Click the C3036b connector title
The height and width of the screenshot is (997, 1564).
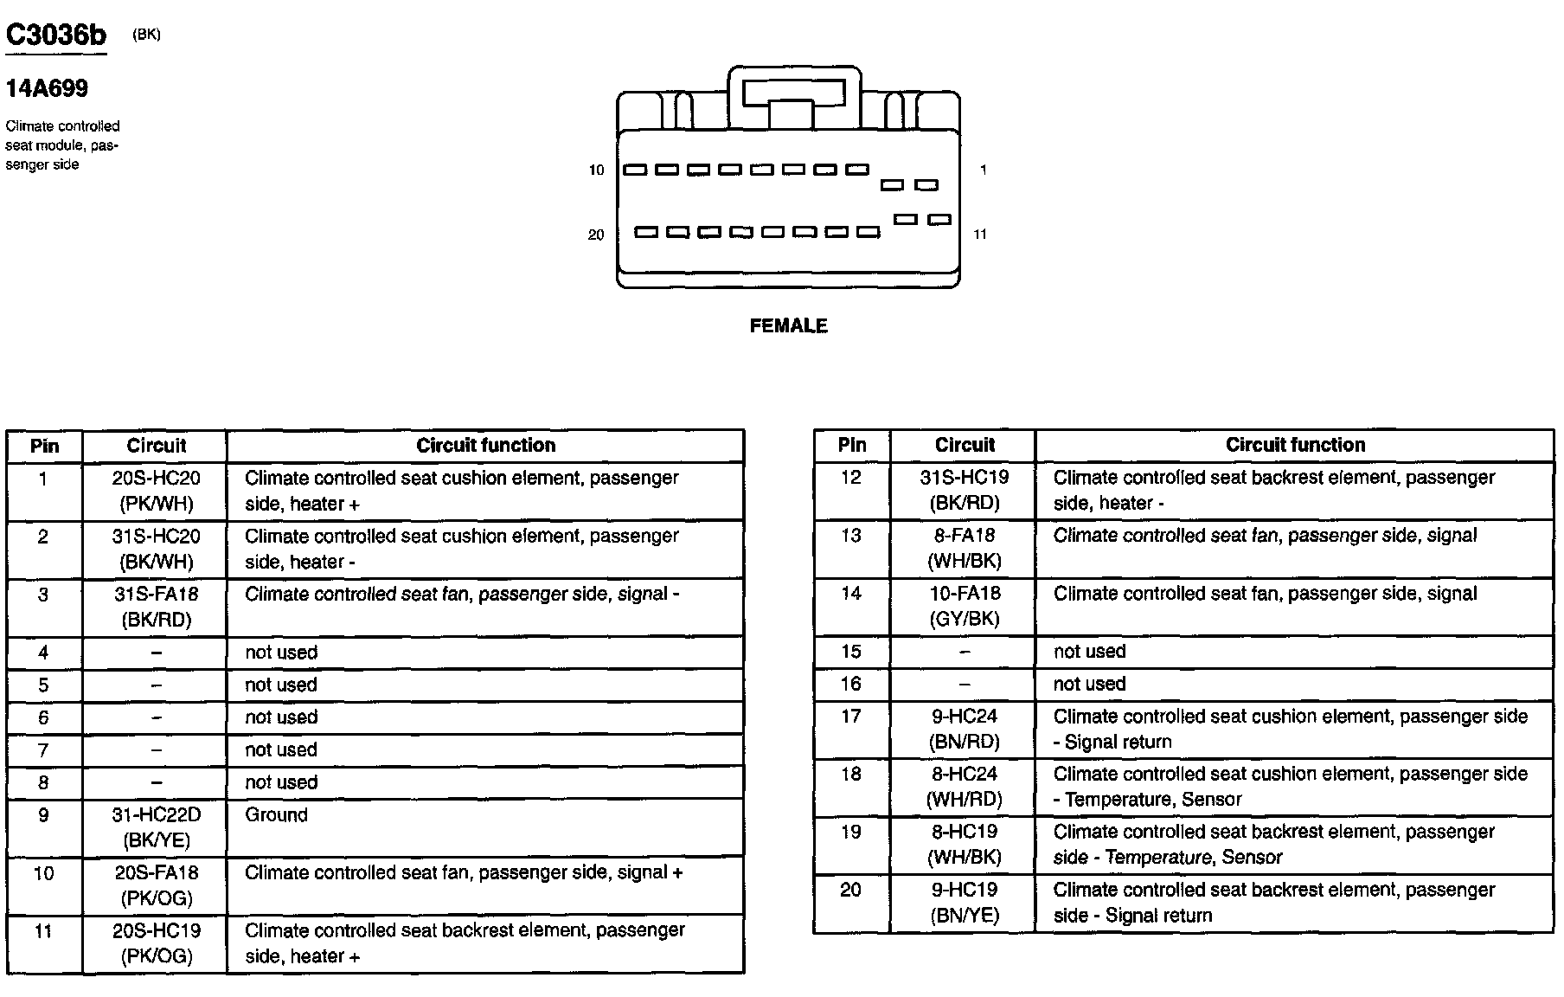coord(56,35)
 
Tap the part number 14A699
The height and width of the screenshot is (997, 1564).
coord(47,88)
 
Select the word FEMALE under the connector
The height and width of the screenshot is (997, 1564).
coord(788,326)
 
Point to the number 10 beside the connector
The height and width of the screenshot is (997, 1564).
coord(596,170)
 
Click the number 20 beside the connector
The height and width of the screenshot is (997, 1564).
coord(596,235)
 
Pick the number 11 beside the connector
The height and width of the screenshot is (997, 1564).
coord(980,235)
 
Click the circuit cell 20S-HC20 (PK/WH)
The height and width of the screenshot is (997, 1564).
coord(156,491)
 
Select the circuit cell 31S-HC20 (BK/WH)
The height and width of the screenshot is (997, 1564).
coord(156,549)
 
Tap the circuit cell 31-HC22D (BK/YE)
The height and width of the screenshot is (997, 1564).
coord(156,827)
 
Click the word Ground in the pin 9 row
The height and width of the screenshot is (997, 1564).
coord(276,815)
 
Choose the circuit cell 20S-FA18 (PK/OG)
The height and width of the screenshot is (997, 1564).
coord(156,885)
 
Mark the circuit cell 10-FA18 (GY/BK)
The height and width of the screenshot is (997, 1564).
coord(965,606)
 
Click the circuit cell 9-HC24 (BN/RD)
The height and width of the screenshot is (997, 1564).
coord(965,729)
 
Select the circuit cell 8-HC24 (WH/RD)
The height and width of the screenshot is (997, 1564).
coord(965,787)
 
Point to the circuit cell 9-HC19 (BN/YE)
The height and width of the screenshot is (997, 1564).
coord(965,903)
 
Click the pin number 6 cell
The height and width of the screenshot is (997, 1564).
coord(43,718)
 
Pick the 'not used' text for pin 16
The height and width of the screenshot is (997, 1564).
coord(1089,685)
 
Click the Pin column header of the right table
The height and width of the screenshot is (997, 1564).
coord(852,445)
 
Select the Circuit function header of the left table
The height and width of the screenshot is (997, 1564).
coord(485,446)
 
